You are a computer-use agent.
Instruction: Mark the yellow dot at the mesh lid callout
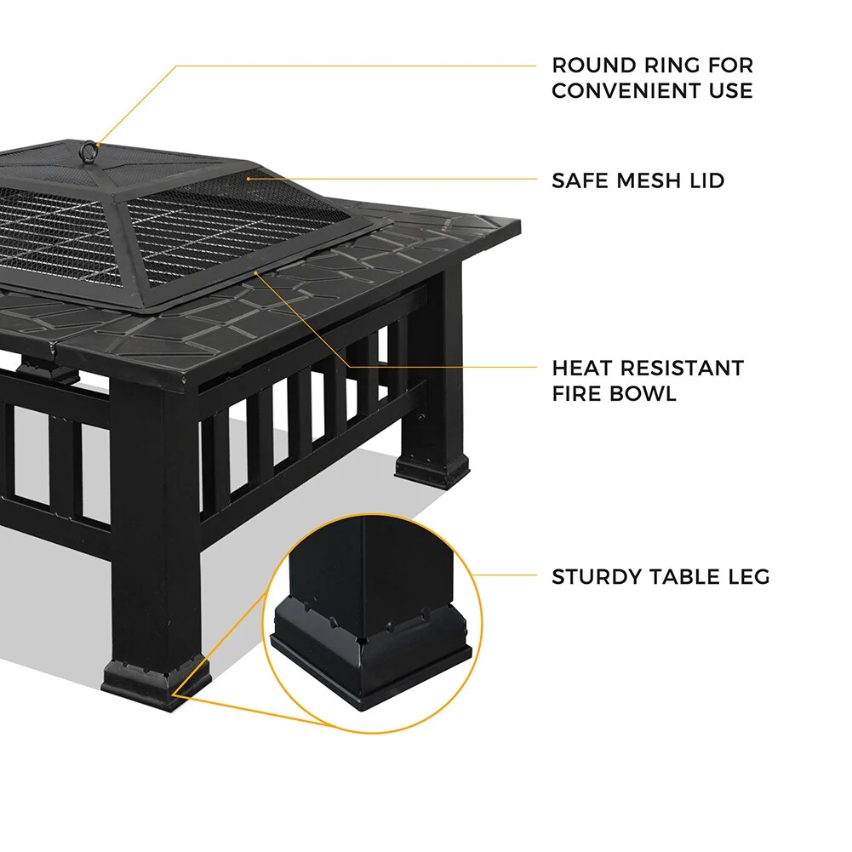[x=248, y=179]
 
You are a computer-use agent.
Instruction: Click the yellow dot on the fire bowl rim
[x=257, y=272]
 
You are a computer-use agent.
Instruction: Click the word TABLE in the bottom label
[x=689, y=577]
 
